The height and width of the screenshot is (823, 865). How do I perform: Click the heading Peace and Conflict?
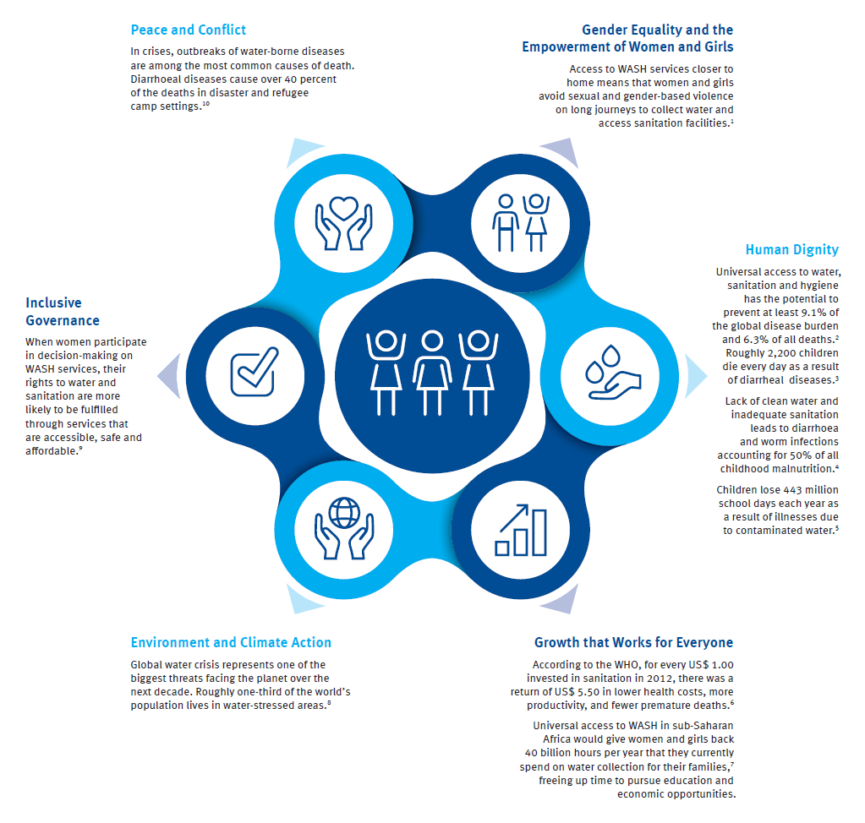188,30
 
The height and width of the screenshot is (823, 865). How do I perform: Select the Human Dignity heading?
791,250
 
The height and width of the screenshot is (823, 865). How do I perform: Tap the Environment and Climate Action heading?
231,642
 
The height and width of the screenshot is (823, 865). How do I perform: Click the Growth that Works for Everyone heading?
633,642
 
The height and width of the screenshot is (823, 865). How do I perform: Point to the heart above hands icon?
343,223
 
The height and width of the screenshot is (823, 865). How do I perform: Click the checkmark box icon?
255,372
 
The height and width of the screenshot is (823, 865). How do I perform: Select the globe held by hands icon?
344,528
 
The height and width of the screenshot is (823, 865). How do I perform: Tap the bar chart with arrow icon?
521,530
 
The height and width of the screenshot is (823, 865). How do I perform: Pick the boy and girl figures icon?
521,223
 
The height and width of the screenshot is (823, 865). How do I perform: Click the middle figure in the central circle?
432,373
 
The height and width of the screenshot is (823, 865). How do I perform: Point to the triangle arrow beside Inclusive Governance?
169,376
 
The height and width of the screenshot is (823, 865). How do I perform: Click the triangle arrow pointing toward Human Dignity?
696,376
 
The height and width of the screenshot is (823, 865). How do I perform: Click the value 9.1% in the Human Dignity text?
813,313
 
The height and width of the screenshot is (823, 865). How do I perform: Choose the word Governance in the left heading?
63,321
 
